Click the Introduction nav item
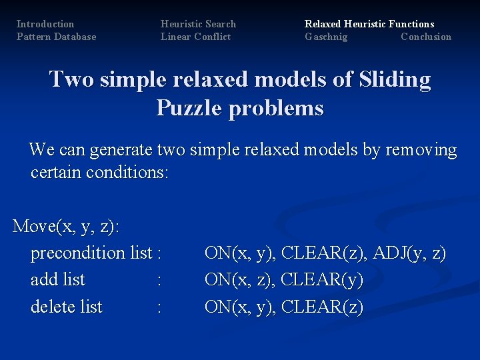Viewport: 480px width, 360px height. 45,24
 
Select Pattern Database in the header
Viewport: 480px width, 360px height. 56,37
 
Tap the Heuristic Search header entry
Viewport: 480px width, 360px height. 198,24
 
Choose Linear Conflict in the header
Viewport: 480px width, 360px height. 195,37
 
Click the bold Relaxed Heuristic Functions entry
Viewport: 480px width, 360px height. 369,24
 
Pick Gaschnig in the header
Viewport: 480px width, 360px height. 326,37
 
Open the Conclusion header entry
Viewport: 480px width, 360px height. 426,37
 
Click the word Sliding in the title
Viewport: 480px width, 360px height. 394,80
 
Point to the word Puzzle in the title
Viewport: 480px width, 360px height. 193,108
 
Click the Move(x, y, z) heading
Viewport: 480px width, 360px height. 66,227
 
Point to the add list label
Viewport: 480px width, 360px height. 58,280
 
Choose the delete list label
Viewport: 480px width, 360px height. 67,307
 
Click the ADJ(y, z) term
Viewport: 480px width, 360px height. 409,253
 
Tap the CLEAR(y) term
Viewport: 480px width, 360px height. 322,280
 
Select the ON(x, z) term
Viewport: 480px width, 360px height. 240,280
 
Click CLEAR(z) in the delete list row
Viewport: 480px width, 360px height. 322,307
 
